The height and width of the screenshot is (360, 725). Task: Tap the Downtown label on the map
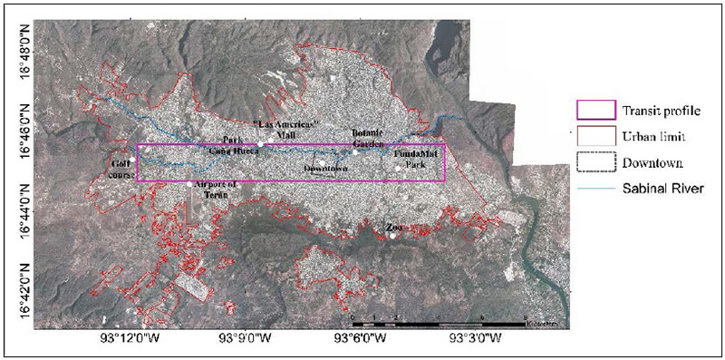(326, 169)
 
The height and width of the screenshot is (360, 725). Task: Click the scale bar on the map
(435, 318)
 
